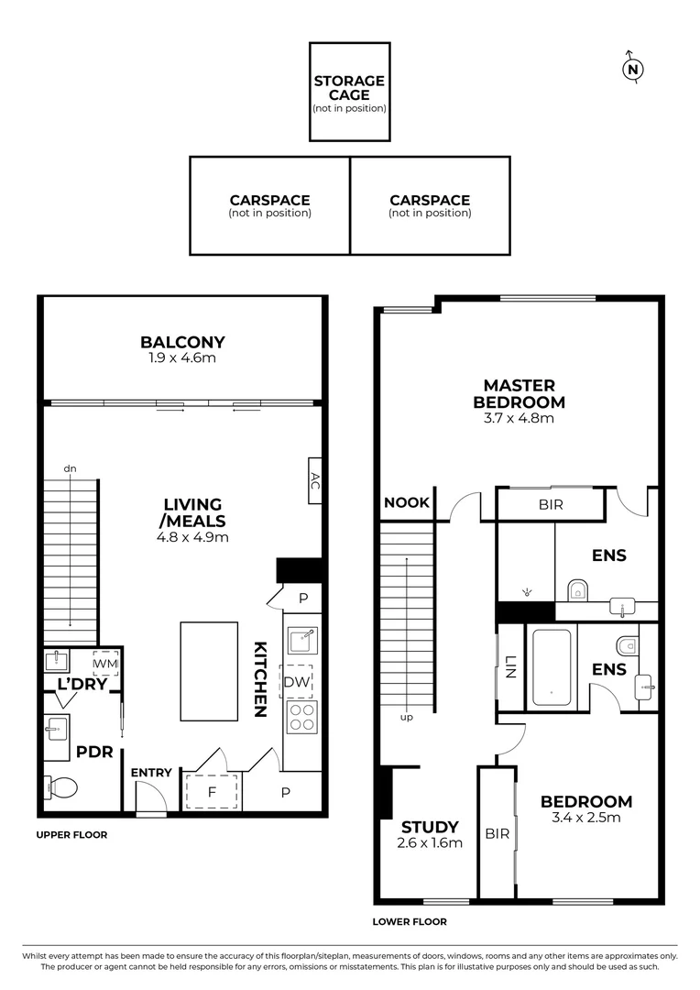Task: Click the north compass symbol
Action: (631, 69)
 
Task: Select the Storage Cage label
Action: (349, 87)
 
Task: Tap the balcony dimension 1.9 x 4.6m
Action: (182, 357)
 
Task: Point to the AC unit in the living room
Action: (314, 480)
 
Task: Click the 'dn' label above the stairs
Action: (70, 468)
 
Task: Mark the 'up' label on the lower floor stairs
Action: (406, 717)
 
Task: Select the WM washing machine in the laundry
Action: (105, 662)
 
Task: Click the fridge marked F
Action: (213, 791)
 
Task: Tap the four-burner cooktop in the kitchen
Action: (301, 717)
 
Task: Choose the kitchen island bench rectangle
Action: (210, 671)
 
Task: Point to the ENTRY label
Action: (151, 773)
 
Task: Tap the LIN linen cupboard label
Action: (509, 667)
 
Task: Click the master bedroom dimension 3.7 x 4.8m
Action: (519, 418)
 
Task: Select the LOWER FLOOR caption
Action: (410, 922)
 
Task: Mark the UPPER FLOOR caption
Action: (71, 835)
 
